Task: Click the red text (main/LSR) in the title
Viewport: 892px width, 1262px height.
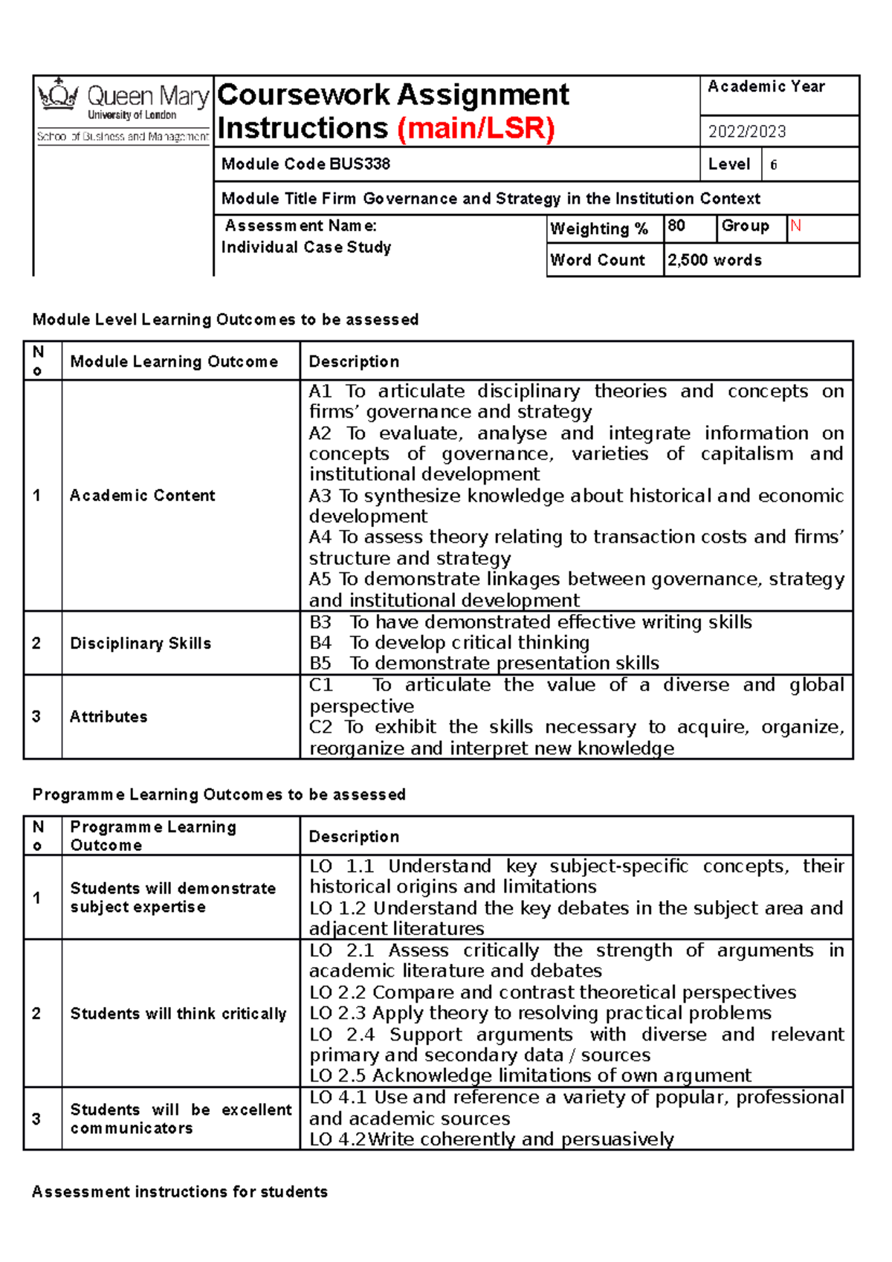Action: point(476,129)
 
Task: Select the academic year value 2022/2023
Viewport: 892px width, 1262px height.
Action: point(746,132)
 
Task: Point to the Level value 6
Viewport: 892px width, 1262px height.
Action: point(773,165)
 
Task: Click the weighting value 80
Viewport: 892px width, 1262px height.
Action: point(676,226)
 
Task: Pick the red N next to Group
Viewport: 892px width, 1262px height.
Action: point(795,226)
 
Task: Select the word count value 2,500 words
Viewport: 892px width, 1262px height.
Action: point(714,260)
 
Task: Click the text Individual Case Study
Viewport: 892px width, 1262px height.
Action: point(306,247)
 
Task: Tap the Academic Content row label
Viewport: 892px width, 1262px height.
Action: point(142,496)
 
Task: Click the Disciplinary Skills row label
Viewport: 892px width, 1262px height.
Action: point(140,644)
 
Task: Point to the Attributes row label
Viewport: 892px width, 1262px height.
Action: point(109,717)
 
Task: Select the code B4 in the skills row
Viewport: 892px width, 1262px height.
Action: point(320,643)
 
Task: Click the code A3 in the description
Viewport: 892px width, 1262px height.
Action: point(320,496)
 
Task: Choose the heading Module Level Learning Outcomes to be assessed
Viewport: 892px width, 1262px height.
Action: point(225,320)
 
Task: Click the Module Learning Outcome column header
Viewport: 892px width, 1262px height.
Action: point(174,362)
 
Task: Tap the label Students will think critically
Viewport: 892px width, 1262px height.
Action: point(178,1014)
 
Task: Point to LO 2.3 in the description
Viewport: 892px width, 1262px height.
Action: point(338,1014)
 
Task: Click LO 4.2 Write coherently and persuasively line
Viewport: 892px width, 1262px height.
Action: point(491,1139)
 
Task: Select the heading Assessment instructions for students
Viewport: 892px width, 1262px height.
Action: point(180,1192)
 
